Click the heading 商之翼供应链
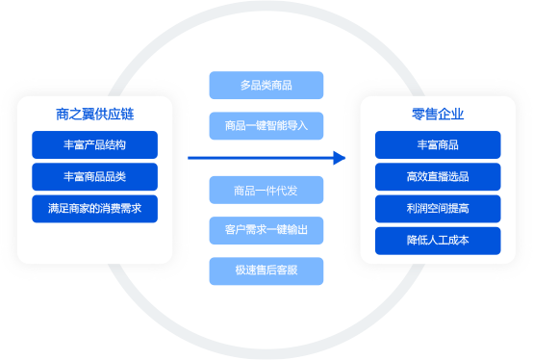pos(94,114)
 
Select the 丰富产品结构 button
pos(94,145)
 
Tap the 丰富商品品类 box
pos(94,177)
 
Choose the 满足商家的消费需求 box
pos(94,209)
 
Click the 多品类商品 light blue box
pos(266,86)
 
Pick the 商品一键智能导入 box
pos(266,125)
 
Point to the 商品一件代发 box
pos(266,190)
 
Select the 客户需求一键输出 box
pos(266,230)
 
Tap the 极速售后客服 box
pos(266,270)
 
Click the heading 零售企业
pos(438,114)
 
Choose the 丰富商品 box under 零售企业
pos(438,145)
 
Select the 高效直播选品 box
pos(438,177)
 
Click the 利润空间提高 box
pos(438,209)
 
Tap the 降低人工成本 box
pos(438,241)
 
